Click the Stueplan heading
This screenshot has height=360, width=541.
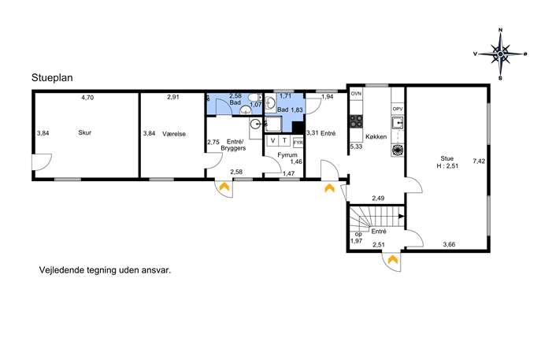click(x=52, y=78)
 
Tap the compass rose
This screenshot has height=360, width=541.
click(x=500, y=54)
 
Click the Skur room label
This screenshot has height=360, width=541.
click(x=84, y=132)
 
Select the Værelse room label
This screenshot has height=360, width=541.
click(x=174, y=134)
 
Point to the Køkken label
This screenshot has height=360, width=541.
click(x=376, y=137)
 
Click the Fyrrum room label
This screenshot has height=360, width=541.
click(x=287, y=155)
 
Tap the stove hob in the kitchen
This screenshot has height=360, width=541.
click(x=357, y=121)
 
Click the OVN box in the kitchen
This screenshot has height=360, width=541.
click(x=357, y=94)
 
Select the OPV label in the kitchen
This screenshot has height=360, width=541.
click(x=398, y=109)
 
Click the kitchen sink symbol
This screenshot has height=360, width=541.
click(x=398, y=123)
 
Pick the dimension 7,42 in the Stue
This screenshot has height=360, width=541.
click(x=479, y=161)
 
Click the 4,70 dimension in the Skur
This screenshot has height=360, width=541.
click(x=87, y=98)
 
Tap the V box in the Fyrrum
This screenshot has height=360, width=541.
click(x=273, y=140)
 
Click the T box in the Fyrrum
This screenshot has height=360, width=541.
click(x=284, y=140)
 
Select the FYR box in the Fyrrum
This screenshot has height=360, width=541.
click(x=298, y=143)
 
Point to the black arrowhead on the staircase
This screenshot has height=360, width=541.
click(x=402, y=217)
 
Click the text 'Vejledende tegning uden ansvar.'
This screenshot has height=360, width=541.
click(x=106, y=270)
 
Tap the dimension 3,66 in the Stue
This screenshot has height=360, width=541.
click(x=449, y=245)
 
